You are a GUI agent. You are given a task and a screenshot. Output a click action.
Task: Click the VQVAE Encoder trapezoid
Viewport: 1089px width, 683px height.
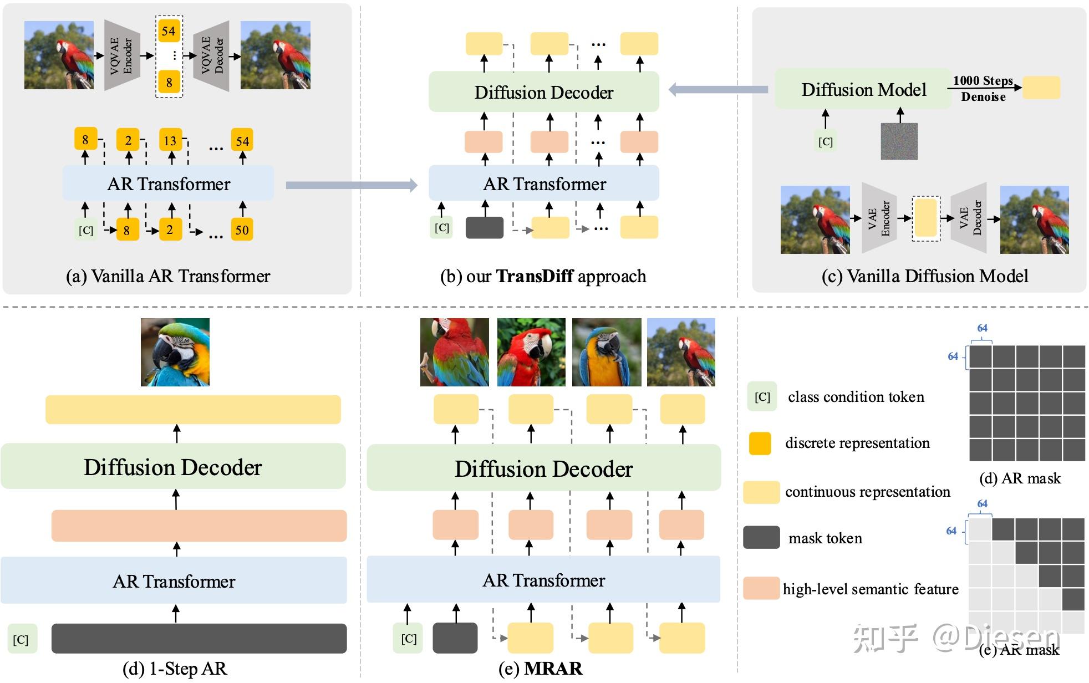click(x=122, y=55)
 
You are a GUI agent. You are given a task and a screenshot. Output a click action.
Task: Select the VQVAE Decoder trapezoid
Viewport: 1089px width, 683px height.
click(x=211, y=56)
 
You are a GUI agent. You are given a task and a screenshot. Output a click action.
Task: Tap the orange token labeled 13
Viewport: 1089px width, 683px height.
click(x=170, y=140)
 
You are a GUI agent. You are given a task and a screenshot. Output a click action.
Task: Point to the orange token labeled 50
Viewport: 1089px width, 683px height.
click(x=242, y=230)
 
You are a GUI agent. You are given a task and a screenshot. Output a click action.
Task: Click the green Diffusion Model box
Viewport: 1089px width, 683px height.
click(x=863, y=89)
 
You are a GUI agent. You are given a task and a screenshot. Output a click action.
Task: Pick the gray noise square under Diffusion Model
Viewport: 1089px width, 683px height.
click(x=899, y=141)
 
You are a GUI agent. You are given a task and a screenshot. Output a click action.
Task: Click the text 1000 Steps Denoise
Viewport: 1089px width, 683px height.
click(x=983, y=89)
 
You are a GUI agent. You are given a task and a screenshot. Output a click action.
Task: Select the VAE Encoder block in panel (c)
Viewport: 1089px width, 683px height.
click(x=879, y=218)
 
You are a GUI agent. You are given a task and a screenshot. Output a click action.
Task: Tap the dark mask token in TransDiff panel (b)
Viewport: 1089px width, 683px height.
click(x=485, y=228)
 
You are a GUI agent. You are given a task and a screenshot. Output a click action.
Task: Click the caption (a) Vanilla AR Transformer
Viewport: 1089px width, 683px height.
click(x=168, y=276)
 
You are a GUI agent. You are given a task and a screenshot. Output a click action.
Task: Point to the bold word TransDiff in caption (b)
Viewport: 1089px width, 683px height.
click(x=535, y=276)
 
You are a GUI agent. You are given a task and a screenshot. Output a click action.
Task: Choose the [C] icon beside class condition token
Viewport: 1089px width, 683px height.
click(x=762, y=396)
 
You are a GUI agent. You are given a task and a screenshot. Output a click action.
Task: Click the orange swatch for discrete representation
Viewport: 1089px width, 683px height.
click(x=760, y=444)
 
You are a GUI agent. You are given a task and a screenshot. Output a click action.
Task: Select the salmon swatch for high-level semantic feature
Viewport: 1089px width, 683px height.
click(x=761, y=588)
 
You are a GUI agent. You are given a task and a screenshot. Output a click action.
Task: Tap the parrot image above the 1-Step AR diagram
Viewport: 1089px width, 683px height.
click(x=175, y=352)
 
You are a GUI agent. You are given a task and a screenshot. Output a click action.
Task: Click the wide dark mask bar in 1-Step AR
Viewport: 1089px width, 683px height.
click(x=199, y=639)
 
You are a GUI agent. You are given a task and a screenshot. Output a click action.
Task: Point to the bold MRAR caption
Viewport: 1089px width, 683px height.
click(x=553, y=669)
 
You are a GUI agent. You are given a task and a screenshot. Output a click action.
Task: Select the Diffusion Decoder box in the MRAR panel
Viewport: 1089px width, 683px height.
click(x=544, y=468)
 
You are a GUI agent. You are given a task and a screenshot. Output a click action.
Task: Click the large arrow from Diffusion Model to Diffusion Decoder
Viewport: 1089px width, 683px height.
click(x=719, y=89)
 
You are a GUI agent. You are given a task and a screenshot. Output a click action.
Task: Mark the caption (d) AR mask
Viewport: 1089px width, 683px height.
click(x=1020, y=478)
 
